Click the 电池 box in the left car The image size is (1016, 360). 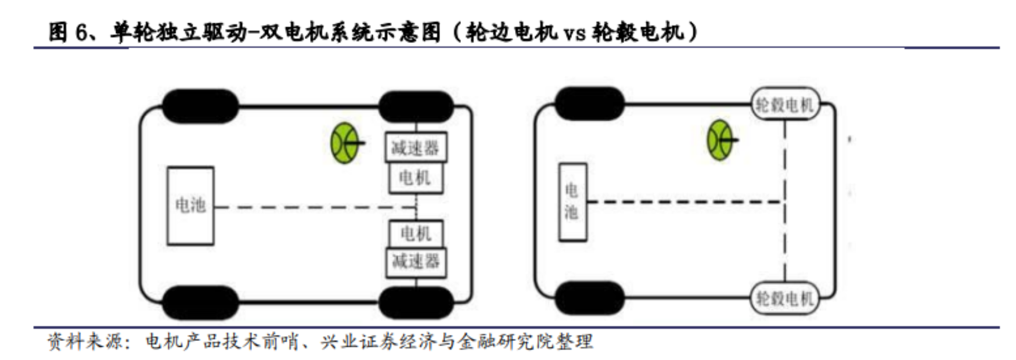[x=190, y=206]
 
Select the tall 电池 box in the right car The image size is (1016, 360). [x=572, y=202]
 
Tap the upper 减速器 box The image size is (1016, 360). [x=416, y=147]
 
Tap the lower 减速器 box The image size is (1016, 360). [x=416, y=262]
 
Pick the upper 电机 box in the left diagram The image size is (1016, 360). [x=416, y=178]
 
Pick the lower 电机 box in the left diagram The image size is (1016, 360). [x=416, y=233]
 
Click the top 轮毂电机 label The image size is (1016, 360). [x=785, y=105]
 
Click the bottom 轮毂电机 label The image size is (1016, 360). [x=785, y=298]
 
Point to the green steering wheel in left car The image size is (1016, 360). [x=345, y=142]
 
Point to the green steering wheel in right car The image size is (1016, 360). [x=720, y=140]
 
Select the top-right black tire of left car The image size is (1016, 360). [x=416, y=106]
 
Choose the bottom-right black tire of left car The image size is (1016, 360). [x=416, y=303]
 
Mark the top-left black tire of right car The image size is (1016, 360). [x=589, y=103]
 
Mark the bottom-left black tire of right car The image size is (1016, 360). [x=589, y=298]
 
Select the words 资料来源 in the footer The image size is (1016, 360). [x=85, y=341]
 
